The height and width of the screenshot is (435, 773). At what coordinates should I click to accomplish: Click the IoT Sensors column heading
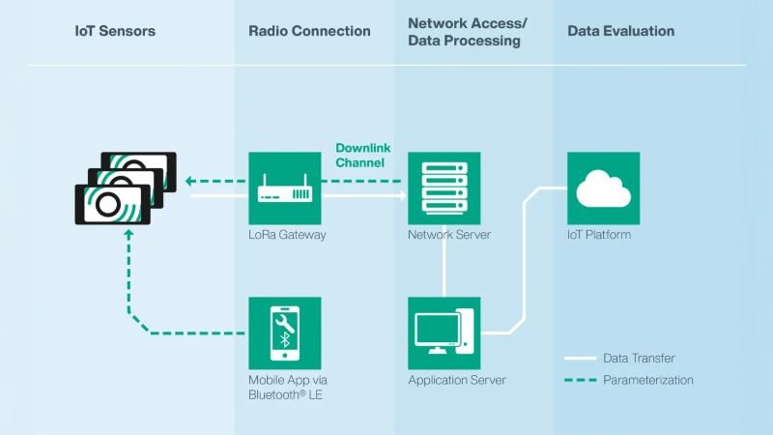115,31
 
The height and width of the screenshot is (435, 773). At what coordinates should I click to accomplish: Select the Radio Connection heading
309,31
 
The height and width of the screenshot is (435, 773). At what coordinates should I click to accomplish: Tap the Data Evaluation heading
620,31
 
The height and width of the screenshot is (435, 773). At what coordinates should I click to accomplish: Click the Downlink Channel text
360,155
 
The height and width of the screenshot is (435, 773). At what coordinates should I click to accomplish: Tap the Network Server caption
449,235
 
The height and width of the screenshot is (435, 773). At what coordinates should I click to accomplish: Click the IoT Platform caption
599,235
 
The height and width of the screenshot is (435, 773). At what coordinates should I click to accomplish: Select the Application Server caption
457,380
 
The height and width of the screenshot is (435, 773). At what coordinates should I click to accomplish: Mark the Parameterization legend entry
647,380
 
